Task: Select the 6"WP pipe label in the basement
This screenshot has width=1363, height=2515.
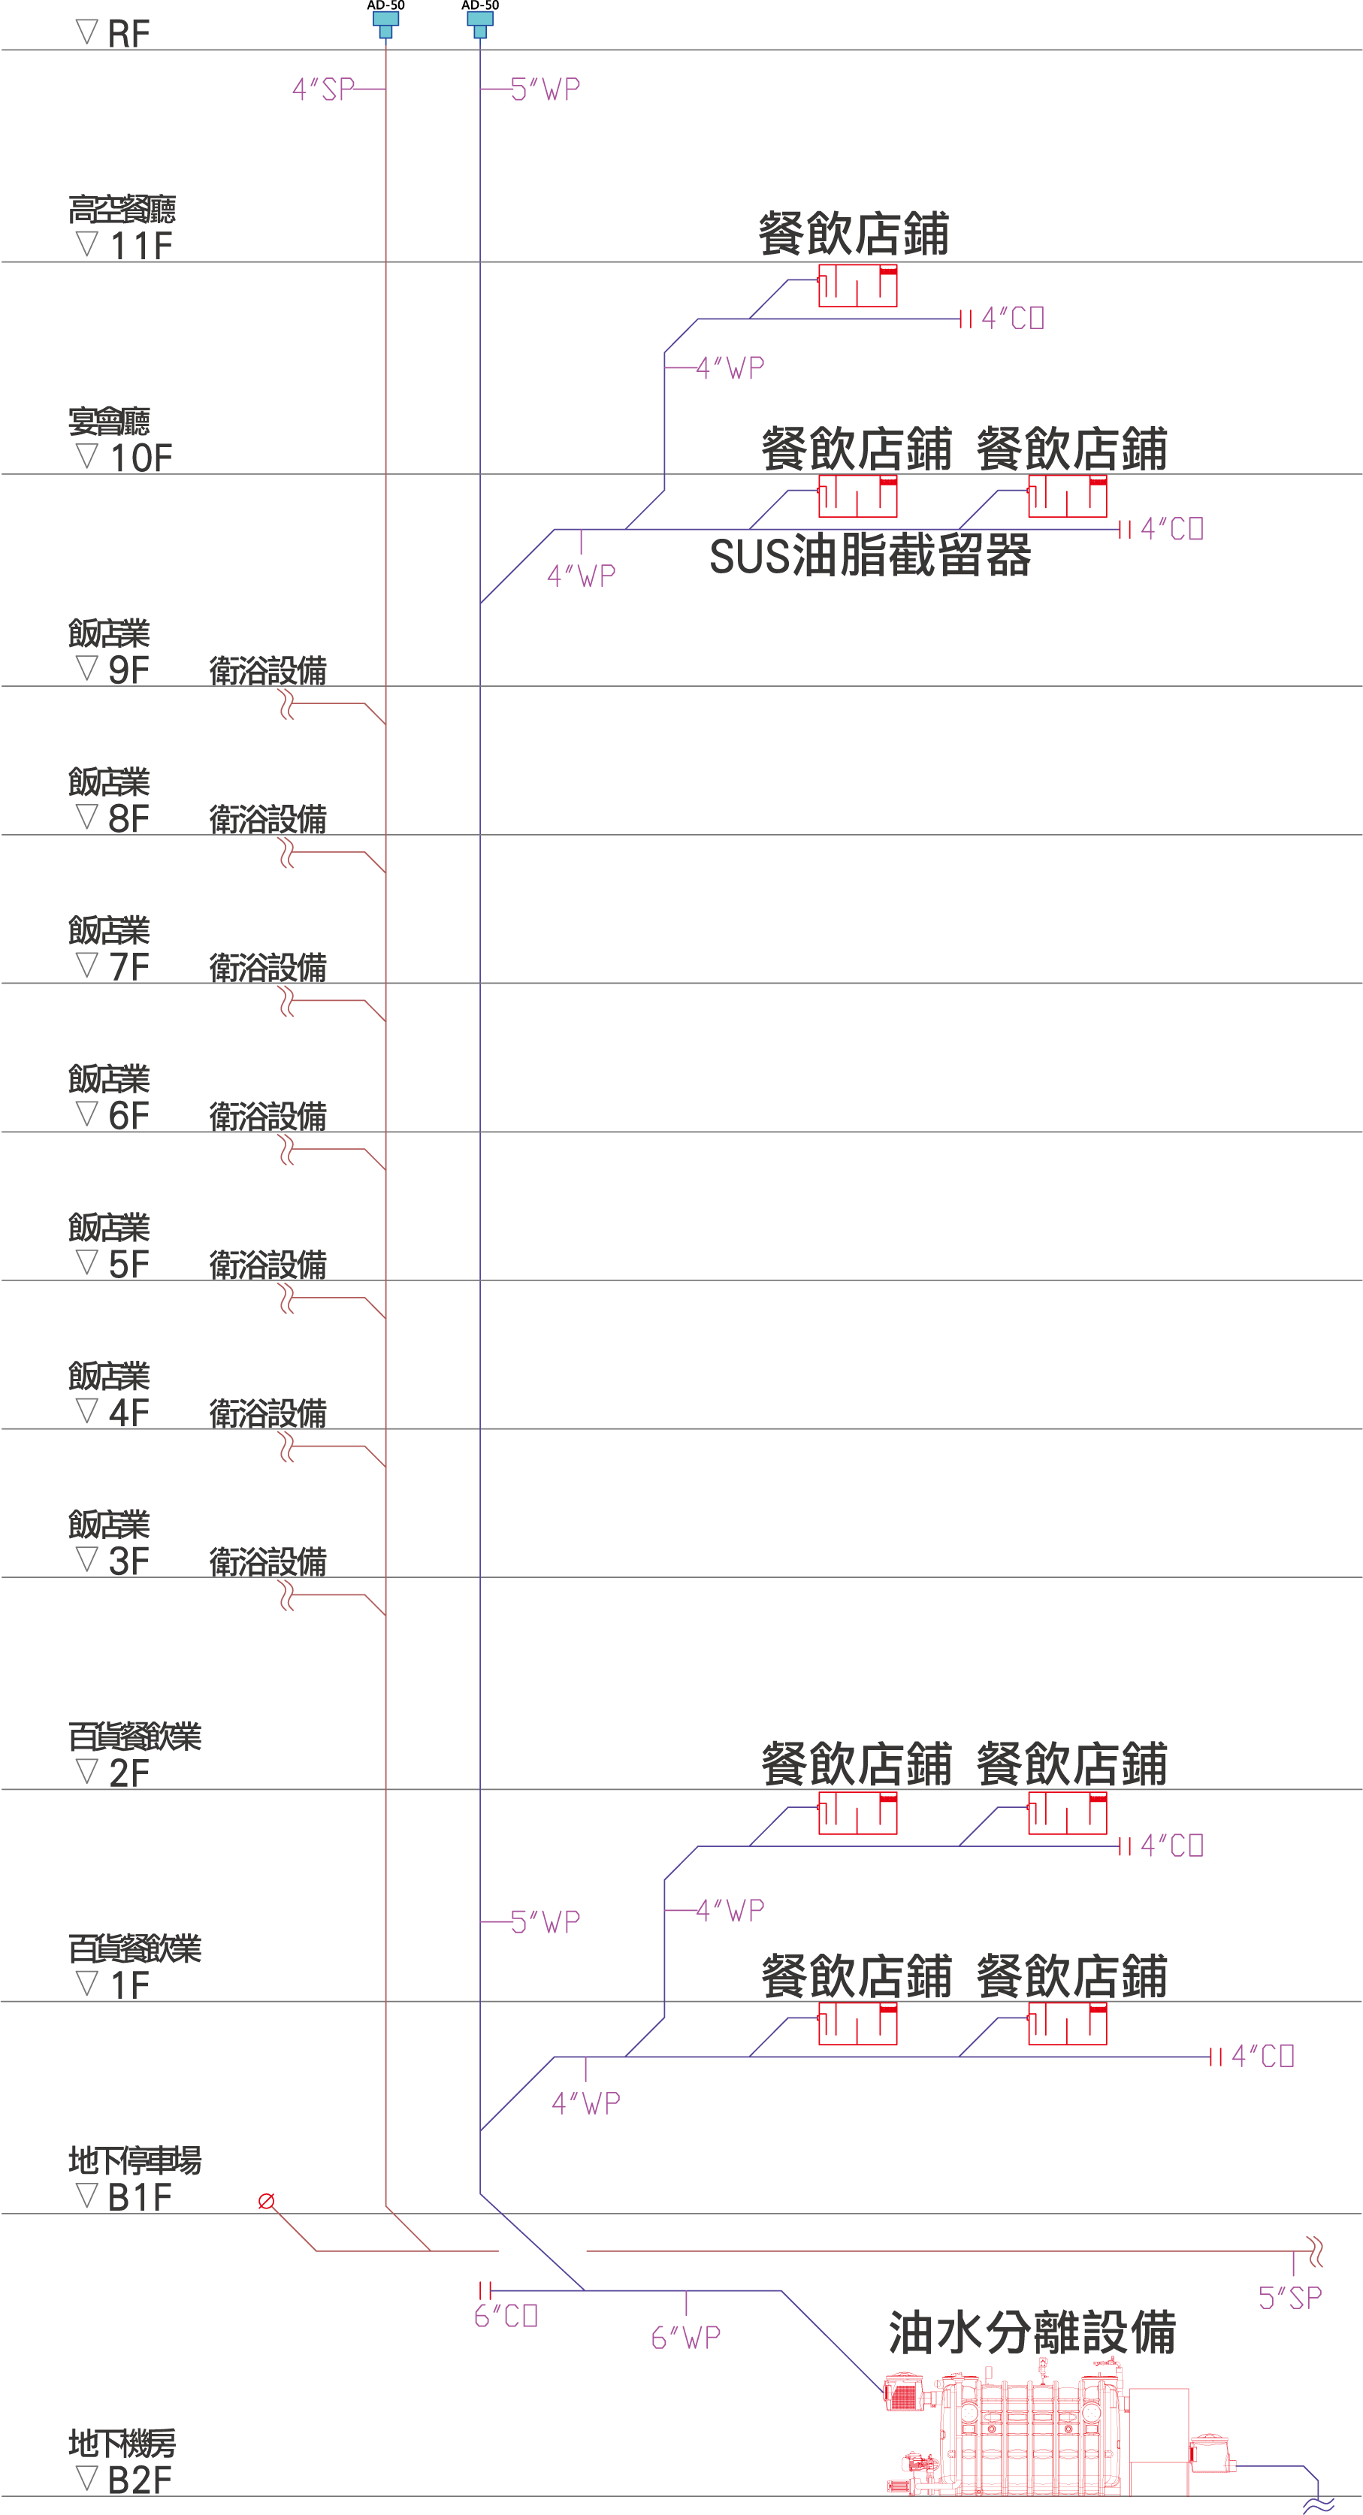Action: tap(685, 2338)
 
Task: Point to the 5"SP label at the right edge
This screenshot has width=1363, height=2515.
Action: tap(1290, 2299)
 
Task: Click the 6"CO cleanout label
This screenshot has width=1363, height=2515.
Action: tap(506, 2316)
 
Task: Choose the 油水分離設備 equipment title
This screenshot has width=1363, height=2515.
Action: tap(1032, 2332)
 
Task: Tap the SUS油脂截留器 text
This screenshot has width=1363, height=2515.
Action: tap(870, 555)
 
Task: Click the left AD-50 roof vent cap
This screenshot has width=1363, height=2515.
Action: tap(385, 23)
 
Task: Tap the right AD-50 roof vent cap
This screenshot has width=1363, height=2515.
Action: tap(480, 23)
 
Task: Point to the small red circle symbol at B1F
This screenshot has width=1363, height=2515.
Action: tap(265, 2201)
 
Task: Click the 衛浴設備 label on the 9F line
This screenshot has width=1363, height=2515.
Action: tap(267, 671)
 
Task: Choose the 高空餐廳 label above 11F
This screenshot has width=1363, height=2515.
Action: tap(122, 209)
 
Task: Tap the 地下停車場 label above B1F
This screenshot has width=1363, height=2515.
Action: tap(134, 2160)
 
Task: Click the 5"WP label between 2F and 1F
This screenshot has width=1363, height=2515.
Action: tap(545, 1922)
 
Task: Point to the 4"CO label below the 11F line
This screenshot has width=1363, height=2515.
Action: tap(1013, 319)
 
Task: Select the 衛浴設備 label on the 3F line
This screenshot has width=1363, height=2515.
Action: tap(267, 1562)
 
